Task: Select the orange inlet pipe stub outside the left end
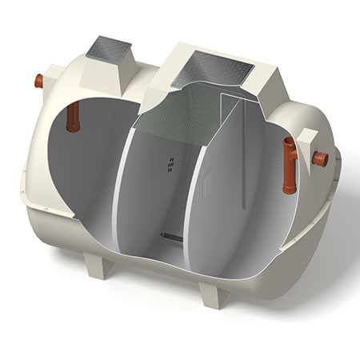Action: tap(38, 80)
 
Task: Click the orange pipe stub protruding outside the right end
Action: tap(320, 158)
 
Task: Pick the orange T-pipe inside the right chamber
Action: tap(289, 164)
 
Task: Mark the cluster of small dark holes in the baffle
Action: tap(171, 163)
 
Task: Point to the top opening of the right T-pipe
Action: tap(289, 142)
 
